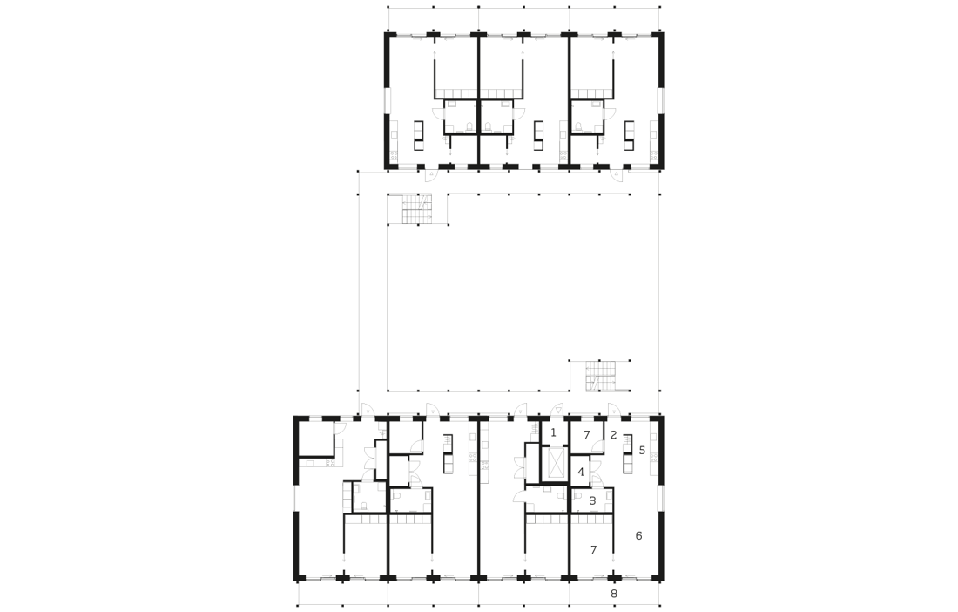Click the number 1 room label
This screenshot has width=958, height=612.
(554, 433)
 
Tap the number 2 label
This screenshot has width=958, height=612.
(613, 435)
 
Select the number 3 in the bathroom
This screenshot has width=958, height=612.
(592, 500)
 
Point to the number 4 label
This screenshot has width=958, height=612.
(581, 473)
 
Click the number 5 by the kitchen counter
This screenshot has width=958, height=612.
(642, 451)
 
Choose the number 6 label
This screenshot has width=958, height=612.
(639, 536)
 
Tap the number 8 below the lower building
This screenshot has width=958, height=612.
(614, 594)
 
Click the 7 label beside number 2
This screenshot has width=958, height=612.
(586, 435)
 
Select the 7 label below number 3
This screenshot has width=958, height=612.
(593, 550)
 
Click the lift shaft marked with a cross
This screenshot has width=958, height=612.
(556, 463)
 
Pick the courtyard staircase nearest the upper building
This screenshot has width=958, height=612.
(417, 210)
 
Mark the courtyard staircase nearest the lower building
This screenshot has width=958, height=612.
(601, 375)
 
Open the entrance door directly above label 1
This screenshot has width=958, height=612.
(557, 408)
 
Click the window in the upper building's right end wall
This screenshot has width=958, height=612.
(660, 101)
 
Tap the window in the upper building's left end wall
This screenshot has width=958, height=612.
(387, 101)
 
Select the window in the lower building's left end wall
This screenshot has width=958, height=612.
(296, 499)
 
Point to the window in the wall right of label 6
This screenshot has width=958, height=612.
(660, 499)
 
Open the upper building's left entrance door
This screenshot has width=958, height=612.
(431, 175)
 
